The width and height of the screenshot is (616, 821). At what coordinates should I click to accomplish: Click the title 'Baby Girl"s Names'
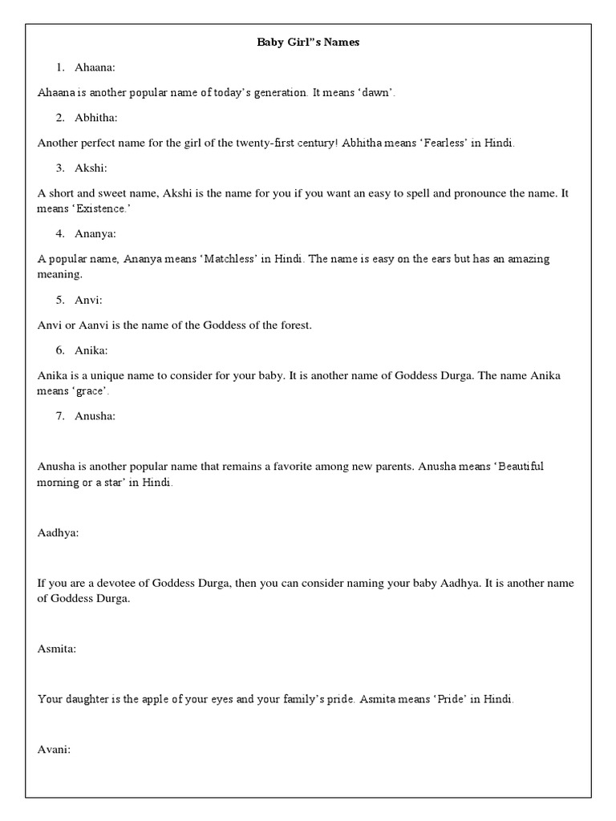308,42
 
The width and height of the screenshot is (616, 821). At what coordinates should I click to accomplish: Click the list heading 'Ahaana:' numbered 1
97,67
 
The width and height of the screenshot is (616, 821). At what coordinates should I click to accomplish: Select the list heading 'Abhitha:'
97,118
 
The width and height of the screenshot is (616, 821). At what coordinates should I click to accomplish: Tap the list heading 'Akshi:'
93,168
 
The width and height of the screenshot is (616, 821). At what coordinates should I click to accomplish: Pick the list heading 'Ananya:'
97,233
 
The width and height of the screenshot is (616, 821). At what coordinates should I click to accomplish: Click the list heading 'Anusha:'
97,415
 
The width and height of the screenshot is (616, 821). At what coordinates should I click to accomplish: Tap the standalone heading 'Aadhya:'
58,532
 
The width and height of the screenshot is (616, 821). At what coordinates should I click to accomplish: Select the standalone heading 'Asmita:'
57,648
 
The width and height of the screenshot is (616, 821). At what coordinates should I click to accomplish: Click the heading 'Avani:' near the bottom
55,750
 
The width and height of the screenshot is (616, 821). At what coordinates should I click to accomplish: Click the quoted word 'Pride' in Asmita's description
448,699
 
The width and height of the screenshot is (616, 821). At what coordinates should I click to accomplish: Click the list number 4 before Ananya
60,233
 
